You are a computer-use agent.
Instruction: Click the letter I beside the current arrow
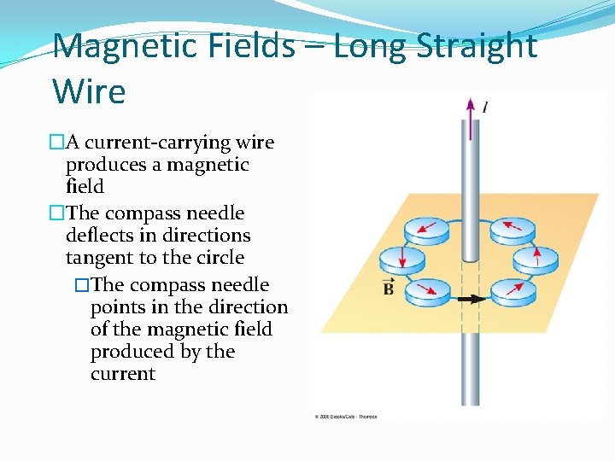pos(485,107)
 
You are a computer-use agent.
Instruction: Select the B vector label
pos(389,289)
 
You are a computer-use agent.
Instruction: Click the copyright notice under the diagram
pos(346,417)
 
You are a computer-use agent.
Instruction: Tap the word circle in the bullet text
pos(219,258)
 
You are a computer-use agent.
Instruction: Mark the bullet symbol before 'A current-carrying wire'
pos(57,142)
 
